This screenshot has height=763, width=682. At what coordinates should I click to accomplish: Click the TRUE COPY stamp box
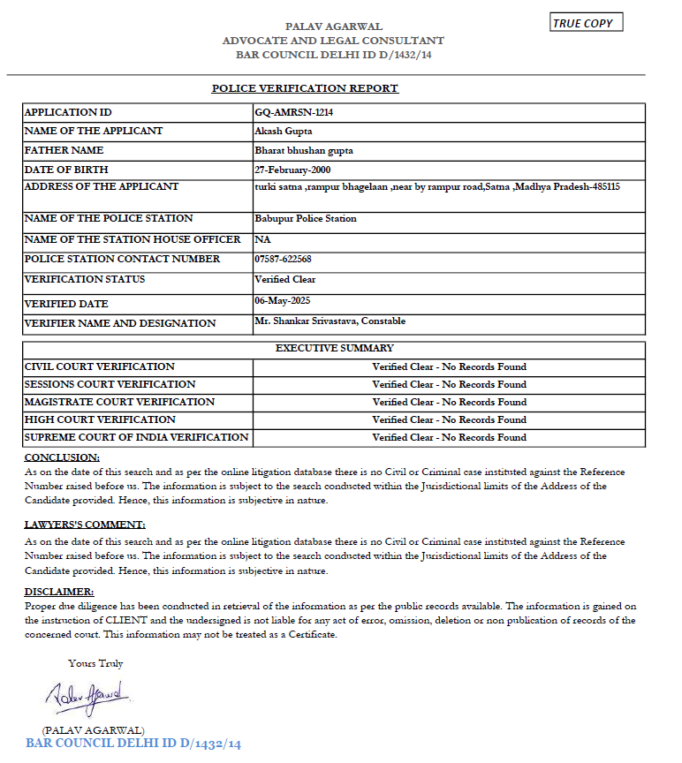pos(587,23)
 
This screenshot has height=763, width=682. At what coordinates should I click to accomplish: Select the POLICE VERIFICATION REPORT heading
pos(305,88)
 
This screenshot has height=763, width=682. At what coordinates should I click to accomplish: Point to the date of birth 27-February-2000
pos(292,170)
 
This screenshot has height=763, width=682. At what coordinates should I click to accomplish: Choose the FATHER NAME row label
pos(64,150)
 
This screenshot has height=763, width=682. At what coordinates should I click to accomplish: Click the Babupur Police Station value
pos(305,219)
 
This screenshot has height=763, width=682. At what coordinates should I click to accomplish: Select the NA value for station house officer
pos(261,239)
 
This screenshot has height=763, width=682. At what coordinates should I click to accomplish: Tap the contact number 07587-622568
pos(283,260)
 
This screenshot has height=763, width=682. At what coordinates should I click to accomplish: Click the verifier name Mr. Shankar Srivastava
pos(330,321)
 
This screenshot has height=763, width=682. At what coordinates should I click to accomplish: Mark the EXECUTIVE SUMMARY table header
pos(335,348)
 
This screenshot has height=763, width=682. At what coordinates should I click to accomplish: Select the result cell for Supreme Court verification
pos(449,437)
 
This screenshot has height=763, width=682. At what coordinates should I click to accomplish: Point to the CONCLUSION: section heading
pos(62,457)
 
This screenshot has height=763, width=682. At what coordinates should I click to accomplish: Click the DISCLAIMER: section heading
pos(59,591)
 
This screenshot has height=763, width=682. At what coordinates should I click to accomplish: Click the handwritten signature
pos(88,694)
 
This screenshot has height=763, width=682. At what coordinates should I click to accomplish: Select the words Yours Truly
pos(95,663)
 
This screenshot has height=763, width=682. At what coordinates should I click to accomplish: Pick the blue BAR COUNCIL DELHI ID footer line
pos(133,744)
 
